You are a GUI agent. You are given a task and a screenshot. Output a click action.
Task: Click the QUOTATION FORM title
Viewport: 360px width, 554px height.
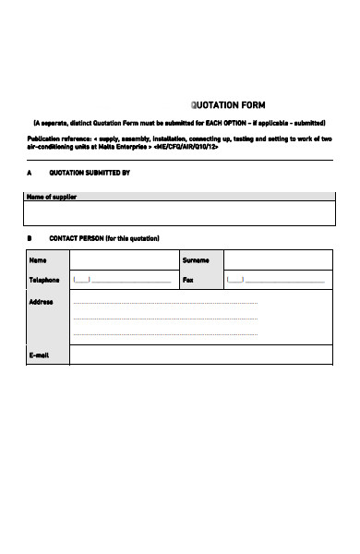coord(227,104)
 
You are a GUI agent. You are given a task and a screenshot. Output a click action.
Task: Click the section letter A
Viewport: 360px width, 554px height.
coord(30,173)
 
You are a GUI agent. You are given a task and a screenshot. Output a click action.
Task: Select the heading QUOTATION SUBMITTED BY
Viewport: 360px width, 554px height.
coord(89,173)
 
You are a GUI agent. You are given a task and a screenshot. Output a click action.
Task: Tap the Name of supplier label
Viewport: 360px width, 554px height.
coord(52,198)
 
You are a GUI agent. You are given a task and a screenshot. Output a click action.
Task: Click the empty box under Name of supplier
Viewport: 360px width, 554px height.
coord(179,214)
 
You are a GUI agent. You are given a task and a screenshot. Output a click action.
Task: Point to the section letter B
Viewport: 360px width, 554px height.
coord(30,238)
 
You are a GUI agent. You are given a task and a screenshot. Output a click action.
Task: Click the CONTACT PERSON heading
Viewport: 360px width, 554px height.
coord(98,238)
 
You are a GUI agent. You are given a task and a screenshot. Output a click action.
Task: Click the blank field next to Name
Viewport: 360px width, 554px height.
coord(123,260)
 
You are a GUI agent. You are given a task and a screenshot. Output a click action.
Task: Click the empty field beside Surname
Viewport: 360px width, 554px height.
coord(277,260)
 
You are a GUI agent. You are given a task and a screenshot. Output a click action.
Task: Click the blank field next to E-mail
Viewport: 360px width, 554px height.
coord(200,355)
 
